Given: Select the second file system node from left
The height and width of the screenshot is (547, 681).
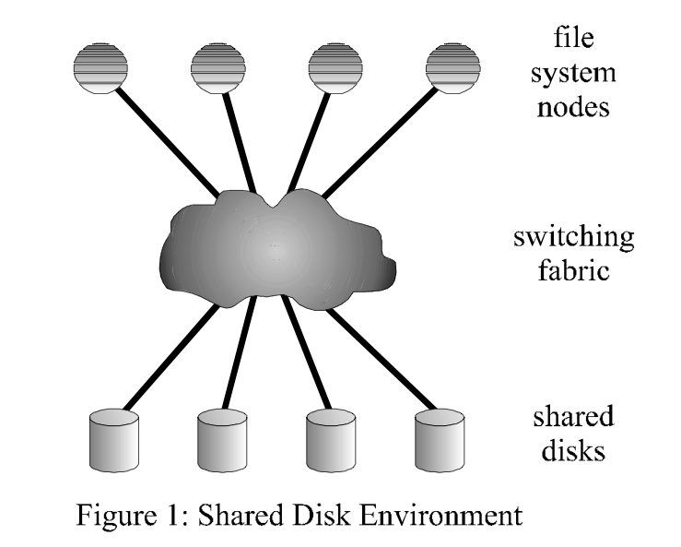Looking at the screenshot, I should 218,68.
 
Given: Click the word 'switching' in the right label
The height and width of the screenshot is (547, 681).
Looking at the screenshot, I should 573,237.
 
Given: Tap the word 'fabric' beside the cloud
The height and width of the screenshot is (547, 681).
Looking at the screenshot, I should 573,273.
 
